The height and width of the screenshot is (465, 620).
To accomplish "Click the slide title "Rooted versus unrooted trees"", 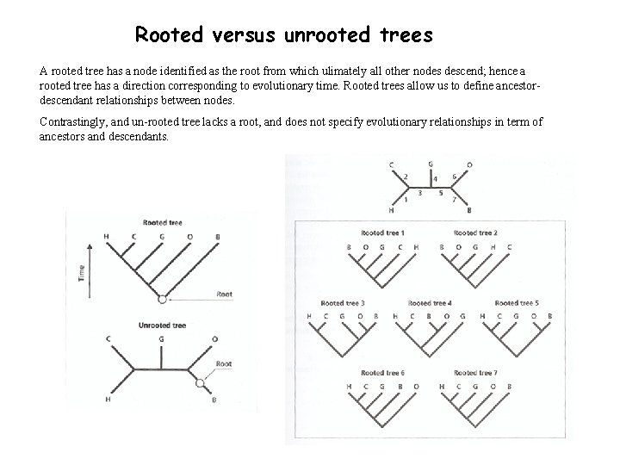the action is pyautogui.click(x=283, y=35).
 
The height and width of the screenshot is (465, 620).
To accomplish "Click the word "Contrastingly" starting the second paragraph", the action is pyautogui.click(x=77, y=122).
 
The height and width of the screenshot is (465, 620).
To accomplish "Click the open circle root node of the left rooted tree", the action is pyautogui.click(x=161, y=299).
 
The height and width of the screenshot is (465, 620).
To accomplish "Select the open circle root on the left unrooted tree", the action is pyautogui.click(x=200, y=381).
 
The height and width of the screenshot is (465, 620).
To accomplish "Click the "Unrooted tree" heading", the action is pyautogui.click(x=162, y=325).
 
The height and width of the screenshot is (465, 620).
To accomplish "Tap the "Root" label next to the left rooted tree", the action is pyautogui.click(x=224, y=294).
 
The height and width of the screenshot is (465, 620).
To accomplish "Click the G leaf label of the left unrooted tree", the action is pyautogui.click(x=161, y=338).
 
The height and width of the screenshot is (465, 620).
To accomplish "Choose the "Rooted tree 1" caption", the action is pyautogui.click(x=382, y=233).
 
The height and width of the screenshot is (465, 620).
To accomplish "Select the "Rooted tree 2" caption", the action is pyautogui.click(x=475, y=233).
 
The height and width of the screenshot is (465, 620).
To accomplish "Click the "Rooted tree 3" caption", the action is pyautogui.click(x=343, y=303).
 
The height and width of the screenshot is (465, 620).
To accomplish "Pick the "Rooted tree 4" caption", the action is pyautogui.click(x=430, y=303).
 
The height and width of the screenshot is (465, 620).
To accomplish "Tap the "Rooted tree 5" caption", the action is pyautogui.click(x=517, y=303).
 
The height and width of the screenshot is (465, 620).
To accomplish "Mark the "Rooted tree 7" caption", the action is pyautogui.click(x=475, y=373).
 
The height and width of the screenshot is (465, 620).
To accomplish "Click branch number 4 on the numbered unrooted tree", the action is pyautogui.click(x=435, y=179).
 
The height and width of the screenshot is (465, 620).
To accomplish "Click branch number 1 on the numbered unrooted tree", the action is pyautogui.click(x=406, y=200).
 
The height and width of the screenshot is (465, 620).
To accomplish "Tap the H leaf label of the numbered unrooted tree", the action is pyautogui.click(x=392, y=210).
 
